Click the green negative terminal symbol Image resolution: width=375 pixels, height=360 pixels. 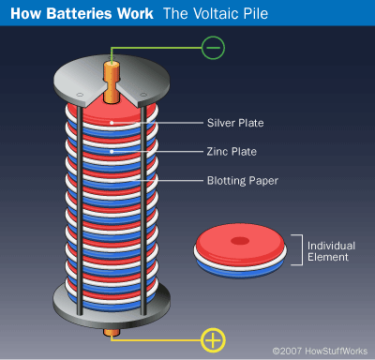tap(213, 48)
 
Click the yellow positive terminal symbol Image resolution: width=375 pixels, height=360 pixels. tap(213, 340)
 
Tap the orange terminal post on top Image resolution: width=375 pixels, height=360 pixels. tap(112, 82)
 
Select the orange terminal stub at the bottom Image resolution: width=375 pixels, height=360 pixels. tap(112, 333)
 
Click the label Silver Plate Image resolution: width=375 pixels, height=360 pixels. tap(235, 123)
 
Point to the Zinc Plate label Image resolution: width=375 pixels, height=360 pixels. tap(232, 152)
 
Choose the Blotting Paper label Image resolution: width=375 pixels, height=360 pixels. tap(243, 181)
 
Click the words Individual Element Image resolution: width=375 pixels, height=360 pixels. tap(331, 251)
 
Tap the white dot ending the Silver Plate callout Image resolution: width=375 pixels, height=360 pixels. tap(112, 123)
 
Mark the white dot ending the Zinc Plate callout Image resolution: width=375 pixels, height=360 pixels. tap(112, 152)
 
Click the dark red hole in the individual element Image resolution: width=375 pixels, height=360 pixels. tap(240, 241)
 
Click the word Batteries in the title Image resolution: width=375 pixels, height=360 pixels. tap(79, 13)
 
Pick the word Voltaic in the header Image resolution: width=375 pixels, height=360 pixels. tap(216, 13)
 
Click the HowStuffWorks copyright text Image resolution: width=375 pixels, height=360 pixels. tap(320, 351)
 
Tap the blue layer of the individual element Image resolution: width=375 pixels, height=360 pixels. tap(240, 270)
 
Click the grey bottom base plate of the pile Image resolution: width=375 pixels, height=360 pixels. tap(112, 316)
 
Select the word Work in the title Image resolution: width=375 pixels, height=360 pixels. tap(135, 13)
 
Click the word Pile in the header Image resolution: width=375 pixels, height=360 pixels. tap(255, 13)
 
